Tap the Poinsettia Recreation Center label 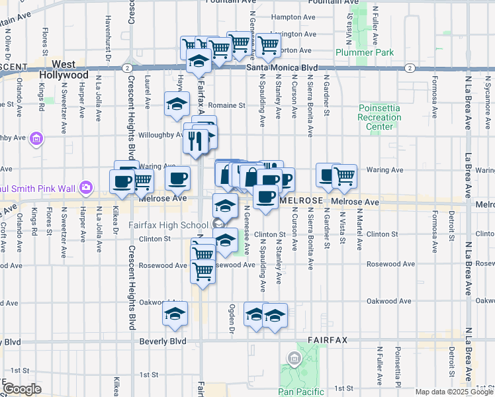379,117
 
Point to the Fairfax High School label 169,225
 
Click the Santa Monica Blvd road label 282,67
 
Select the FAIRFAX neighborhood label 328,339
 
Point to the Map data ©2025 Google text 453,392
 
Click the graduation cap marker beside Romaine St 177,104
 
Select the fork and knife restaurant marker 195,140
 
